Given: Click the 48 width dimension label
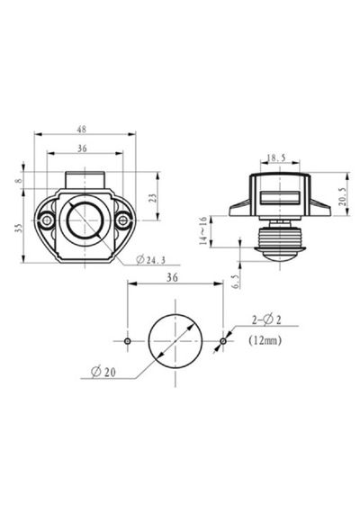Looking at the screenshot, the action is pos(82,130).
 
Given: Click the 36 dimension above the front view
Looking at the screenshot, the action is pos(82,148).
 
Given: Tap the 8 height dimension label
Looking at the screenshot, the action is pos(19,180).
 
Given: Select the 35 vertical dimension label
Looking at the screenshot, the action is pos(19,229).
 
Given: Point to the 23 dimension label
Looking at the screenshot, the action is pos(153,198).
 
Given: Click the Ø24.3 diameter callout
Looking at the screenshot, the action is pos(151,260).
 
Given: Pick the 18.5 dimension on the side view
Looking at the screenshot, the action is pos(276,158).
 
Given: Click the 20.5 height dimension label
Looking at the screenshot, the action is pos(343,196).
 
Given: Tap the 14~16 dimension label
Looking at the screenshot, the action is pos(203,231).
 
